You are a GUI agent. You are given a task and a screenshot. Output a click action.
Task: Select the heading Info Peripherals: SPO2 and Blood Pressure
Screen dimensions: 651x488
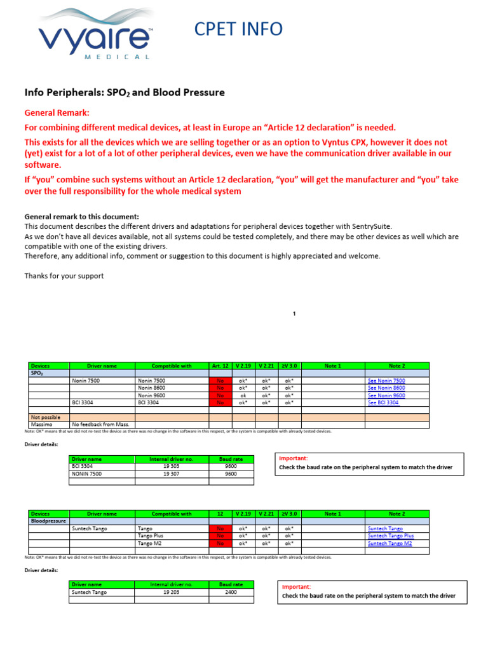[x=125, y=92]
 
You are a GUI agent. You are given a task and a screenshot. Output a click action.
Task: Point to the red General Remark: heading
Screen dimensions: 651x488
[x=57, y=113]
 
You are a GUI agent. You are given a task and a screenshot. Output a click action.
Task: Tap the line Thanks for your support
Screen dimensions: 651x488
[x=64, y=276]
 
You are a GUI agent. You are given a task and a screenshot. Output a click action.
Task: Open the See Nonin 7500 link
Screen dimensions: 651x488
[x=386, y=381]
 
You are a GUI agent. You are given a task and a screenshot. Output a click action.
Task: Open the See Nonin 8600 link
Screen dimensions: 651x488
[x=386, y=388]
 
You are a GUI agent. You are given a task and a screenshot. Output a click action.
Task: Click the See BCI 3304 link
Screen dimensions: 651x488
[x=384, y=402]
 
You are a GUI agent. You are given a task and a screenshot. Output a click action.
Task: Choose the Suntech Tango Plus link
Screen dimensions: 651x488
[x=390, y=536]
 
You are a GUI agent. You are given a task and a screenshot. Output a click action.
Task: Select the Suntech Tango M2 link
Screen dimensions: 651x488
[x=390, y=544]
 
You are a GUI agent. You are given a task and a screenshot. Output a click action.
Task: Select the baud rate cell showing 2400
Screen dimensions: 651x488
[x=231, y=592]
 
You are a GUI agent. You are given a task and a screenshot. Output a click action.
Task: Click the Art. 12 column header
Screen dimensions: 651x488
[x=220, y=366]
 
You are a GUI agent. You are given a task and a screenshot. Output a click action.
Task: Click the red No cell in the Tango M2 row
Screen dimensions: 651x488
[x=220, y=544]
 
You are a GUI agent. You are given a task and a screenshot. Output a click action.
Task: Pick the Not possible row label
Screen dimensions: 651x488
[x=46, y=417]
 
